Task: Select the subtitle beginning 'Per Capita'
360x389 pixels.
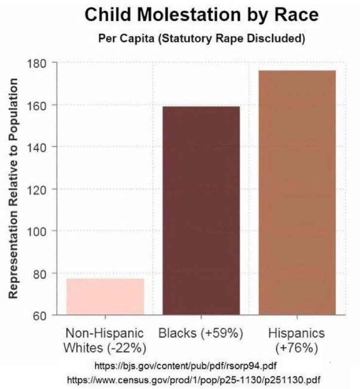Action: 202,39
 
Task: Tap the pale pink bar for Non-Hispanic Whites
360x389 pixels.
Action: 105,297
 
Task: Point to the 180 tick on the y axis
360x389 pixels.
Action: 39,63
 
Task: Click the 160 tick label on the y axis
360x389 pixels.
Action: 39,105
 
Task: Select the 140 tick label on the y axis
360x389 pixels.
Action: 39,147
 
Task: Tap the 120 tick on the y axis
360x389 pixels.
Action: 39,189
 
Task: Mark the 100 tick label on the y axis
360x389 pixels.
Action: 39,231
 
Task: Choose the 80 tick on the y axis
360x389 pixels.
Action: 42,273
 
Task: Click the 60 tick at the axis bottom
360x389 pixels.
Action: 42,315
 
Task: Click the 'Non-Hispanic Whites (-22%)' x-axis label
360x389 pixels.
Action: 105,341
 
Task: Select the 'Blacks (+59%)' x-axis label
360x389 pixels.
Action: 201,334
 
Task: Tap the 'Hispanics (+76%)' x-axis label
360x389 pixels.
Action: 296,341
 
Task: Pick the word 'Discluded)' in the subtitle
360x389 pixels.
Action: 281,39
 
